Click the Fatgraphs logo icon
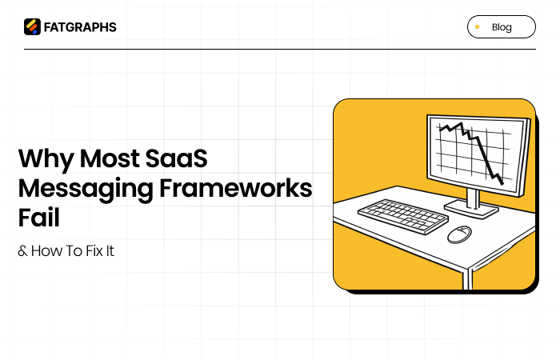coord(32,27)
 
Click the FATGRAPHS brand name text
coord(80,27)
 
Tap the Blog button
coord(501,27)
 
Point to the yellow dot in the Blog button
coord(478,27)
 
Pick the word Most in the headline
coord(107,158)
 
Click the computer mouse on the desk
coord(458,234)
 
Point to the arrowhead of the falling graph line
coord(501,182)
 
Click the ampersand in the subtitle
coord(22,251)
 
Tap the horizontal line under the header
coord(280,50)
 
